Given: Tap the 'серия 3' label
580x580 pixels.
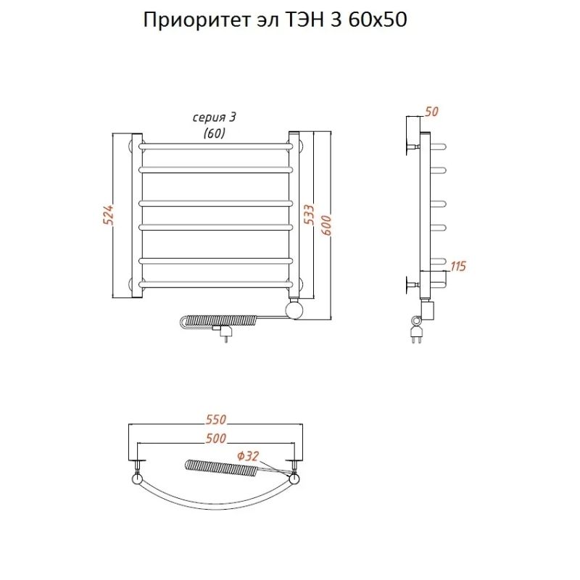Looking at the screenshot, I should point(214,119).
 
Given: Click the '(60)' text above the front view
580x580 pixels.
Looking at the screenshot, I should point(214,133).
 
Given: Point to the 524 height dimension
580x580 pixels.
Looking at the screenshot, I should point(109,215).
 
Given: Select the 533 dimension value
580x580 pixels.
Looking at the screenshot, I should point(310,215).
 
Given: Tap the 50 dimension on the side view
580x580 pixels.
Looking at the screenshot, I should point(432,112).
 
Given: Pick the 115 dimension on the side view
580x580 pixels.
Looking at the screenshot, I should point(457,266).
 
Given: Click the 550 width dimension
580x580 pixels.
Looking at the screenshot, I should point(216,420).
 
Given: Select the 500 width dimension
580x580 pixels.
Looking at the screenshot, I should point(216,438).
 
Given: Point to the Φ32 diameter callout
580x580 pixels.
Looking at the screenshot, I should point(248,456).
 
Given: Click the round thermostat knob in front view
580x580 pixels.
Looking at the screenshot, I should point(295,310).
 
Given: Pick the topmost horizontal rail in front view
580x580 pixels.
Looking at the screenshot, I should point(216,146).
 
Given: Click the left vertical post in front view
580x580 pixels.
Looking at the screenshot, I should point(136,215).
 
